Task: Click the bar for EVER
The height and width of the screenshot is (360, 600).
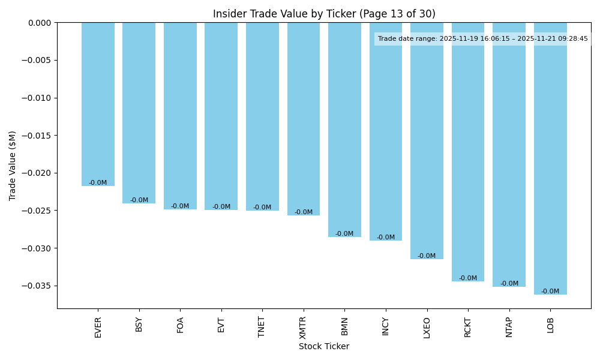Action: click(98, 104)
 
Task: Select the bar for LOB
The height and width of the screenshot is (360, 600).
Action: click(550, 158)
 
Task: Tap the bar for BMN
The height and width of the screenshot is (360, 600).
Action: click(344, 130)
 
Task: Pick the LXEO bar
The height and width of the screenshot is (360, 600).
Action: click(427, 140)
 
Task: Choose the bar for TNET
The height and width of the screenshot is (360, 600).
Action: click(262, 116)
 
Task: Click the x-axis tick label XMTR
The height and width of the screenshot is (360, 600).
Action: click(303, 328)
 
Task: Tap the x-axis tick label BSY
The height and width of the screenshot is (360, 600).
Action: click(139, 325)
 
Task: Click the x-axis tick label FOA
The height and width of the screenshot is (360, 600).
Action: click(180, 325)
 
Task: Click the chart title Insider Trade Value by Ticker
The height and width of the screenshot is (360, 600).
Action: click(324, 14)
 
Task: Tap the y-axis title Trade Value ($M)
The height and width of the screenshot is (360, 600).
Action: click(13, 166)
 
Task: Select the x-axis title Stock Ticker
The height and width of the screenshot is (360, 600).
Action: click(324, 346)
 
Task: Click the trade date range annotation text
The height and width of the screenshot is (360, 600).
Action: click(483, 39)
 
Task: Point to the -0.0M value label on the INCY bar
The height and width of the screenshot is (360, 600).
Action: click(386, 238)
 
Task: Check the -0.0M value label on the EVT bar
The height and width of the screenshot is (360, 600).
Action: click(221, 207)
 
